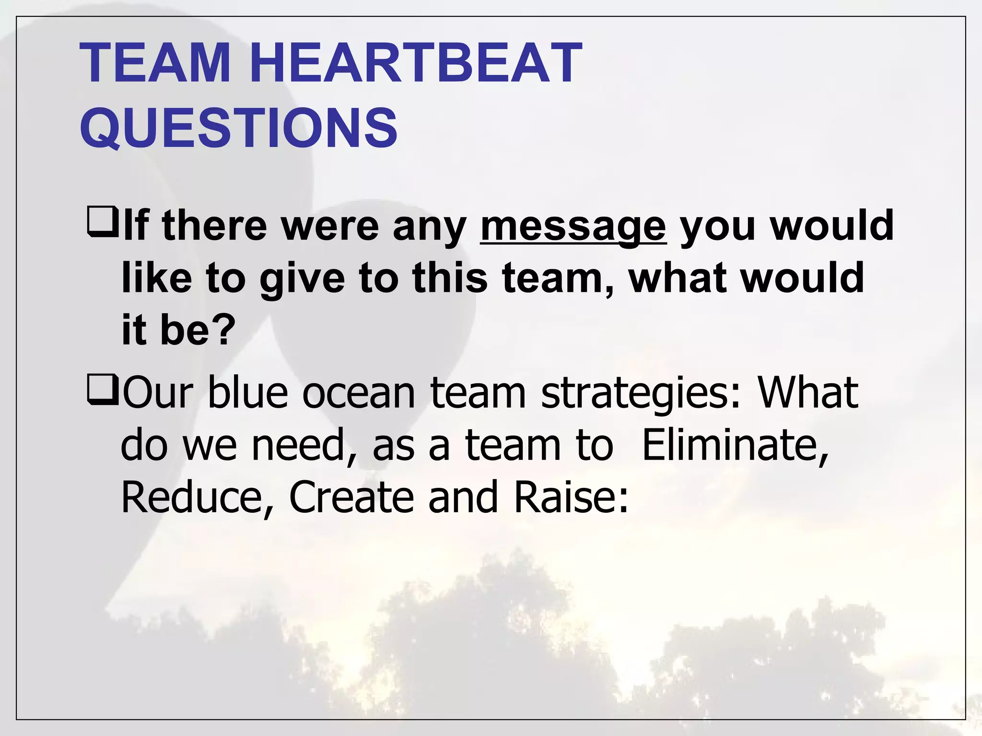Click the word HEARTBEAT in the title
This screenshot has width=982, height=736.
(415, 63)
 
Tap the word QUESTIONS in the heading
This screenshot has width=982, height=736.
(238, 127)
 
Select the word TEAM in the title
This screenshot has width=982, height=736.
(155, 63)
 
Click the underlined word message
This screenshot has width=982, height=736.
(573, 226)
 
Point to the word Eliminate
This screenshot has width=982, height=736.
(735, 445)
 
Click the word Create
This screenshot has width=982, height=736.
(351, 497)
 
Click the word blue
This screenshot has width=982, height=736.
(247, 392)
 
